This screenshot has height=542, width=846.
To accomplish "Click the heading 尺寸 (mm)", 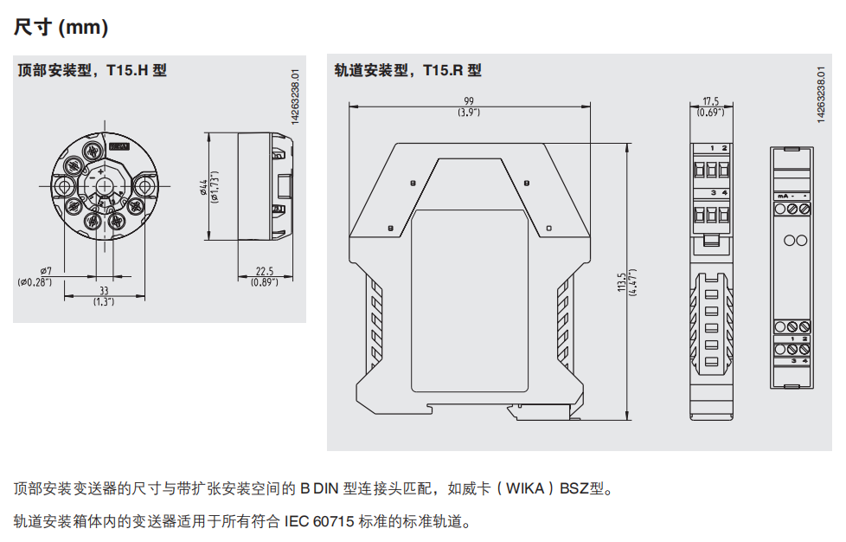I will click(61, 28).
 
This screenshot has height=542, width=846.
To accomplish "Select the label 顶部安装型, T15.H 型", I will click(93, 70).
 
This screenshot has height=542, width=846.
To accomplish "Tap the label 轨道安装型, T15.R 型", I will click(407, 70).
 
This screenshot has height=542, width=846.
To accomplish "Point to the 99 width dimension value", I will click(469, 101).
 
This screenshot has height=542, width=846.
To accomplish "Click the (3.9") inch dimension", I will click(469, 113).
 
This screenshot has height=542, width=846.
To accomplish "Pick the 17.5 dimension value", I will click(711, 101).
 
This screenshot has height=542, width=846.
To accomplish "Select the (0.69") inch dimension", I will click(711, 113).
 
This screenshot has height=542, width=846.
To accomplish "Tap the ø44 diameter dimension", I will click(204, 187).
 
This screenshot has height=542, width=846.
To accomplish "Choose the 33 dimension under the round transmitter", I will click(104, 291).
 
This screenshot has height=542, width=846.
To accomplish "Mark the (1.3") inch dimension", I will click(104, 302).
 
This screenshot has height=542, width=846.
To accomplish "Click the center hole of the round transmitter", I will click(103, 186).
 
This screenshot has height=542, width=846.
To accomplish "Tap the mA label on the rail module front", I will click(782, 197).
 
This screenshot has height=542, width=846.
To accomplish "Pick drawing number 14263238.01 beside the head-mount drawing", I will click(295, 98).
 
